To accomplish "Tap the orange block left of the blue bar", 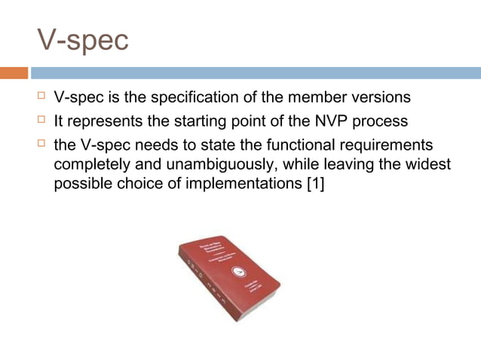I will click(14, 73).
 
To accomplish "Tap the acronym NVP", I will click(317, 121).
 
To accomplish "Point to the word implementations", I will click(239, 183).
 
